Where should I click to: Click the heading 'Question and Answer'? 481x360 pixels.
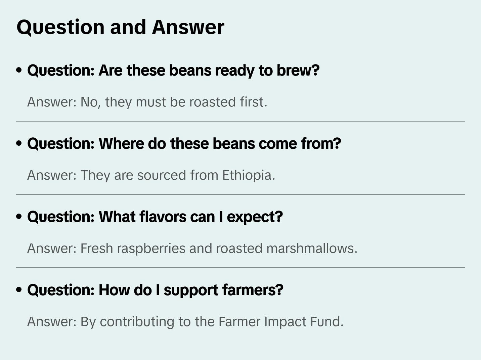(120, 27)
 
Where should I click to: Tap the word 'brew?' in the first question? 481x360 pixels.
(298, 70)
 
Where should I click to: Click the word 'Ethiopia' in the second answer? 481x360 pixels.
(247, 175)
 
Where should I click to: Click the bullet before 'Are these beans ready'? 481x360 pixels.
(19, 70)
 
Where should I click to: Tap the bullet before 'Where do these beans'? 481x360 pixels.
(19, 143)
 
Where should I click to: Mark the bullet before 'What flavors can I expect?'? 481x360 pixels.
(19, 217)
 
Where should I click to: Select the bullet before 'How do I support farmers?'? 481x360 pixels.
(19, 290)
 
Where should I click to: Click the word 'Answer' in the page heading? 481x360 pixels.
(188, 27)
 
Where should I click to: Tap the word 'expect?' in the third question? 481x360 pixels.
(255, 217)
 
